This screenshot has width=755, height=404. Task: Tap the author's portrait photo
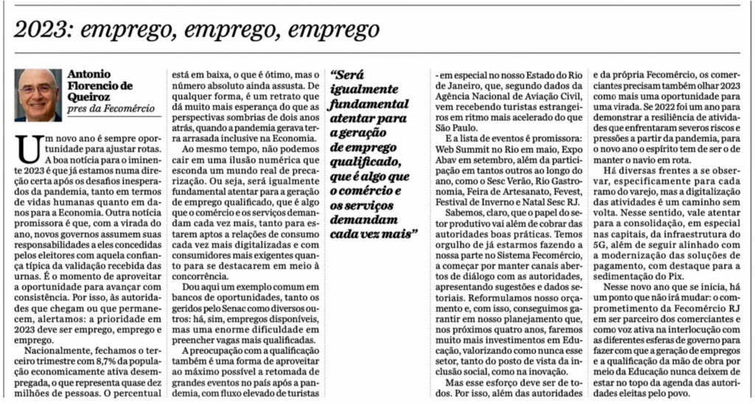(x=38, y=95)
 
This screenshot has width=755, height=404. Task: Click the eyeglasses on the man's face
(x=37, y=89)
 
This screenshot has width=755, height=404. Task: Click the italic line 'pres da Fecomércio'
(x=111, y=109)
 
